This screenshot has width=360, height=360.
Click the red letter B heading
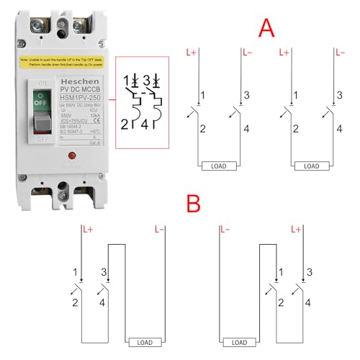[x=192, y=204]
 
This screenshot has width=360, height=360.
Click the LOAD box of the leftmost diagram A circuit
[x=215, y=166]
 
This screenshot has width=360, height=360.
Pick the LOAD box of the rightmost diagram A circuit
[x=311, y=166]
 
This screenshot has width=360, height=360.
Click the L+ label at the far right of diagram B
[x=295, y=230]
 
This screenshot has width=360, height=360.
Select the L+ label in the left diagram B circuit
[x=89, y=230]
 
